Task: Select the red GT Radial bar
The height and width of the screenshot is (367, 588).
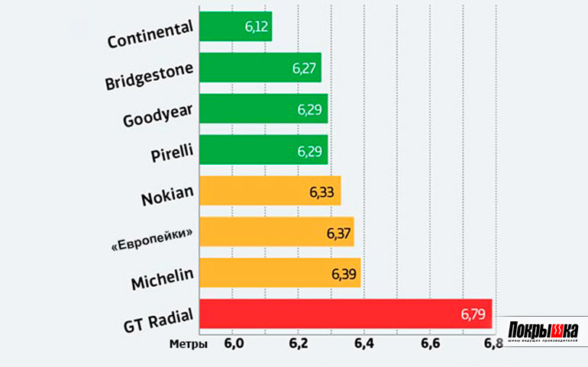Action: [344, 314]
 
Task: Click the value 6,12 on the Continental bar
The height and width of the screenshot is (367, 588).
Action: [256, 27]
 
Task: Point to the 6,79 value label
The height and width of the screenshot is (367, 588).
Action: [473, 314]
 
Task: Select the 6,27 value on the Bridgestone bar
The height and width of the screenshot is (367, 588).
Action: [305, 68]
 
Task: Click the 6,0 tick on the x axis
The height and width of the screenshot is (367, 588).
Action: [233, 344]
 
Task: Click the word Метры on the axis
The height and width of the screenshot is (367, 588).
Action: [188, 344]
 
